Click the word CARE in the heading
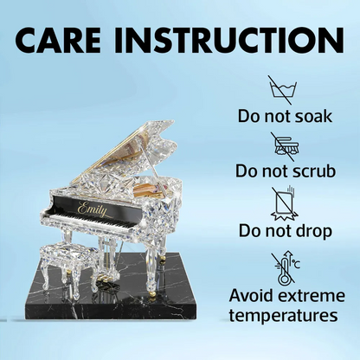(61, 40)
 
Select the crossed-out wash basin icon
(283, 90)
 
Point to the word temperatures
(283, 316)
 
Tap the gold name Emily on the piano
(93, 209)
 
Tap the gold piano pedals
(102, 279)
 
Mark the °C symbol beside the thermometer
(296, 265)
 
